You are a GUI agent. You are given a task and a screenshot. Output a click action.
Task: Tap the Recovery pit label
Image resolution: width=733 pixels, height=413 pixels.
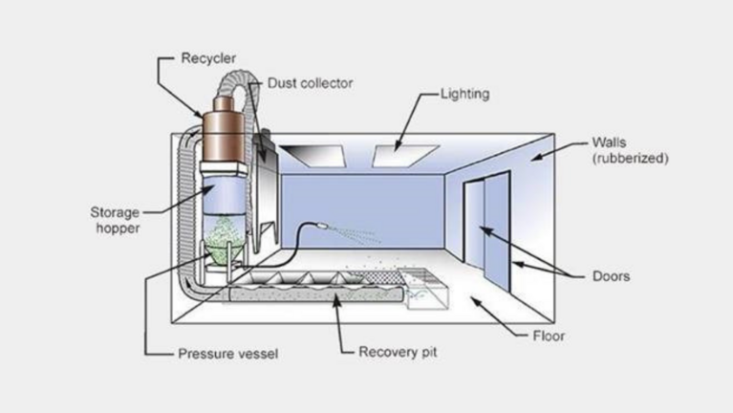(399, 351)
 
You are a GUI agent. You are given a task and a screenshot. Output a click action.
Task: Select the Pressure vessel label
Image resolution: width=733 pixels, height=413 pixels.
(226, 352)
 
